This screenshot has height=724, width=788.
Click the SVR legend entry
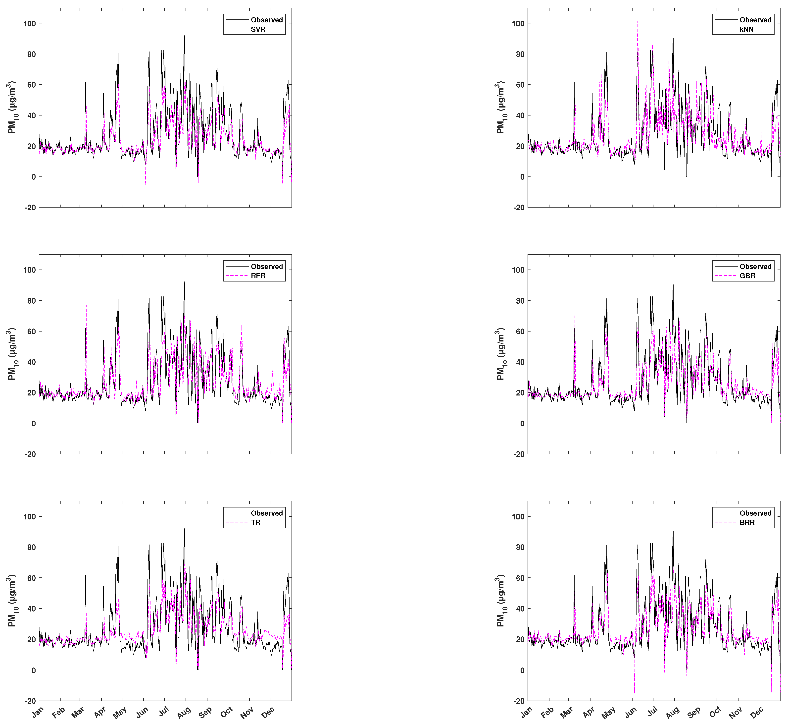pyautogui.click(x=258, y=29)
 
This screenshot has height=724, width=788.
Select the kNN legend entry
pyautogui.click(x=746, y=29)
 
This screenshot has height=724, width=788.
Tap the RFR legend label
pyautogui.click(x=258, y=276)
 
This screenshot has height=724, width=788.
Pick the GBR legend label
pyautogui.click(x=747, y=276)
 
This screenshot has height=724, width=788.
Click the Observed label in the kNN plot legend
pyautogui.click(x=755, y=20)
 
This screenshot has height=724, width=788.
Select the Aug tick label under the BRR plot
pyautogui.click(x=673, y=712)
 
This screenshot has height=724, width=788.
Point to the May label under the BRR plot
pyautogui.click(x=608, y=713)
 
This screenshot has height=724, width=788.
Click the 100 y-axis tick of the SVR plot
pyautogui.click(x=29, y=23)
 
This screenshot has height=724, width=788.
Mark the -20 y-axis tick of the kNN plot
pyautogui.click(x=519, y=208)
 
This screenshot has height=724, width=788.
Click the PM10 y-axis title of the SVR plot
pyautogui.click(x=12, y=107)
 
